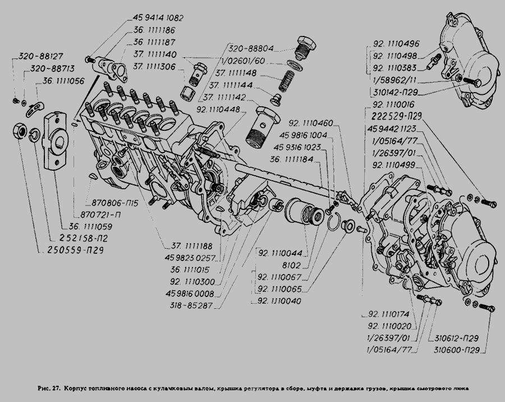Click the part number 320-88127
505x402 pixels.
(x=40, y=56)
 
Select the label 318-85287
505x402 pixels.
(x=193, y=307)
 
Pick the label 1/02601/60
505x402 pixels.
(x=248, y=61)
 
